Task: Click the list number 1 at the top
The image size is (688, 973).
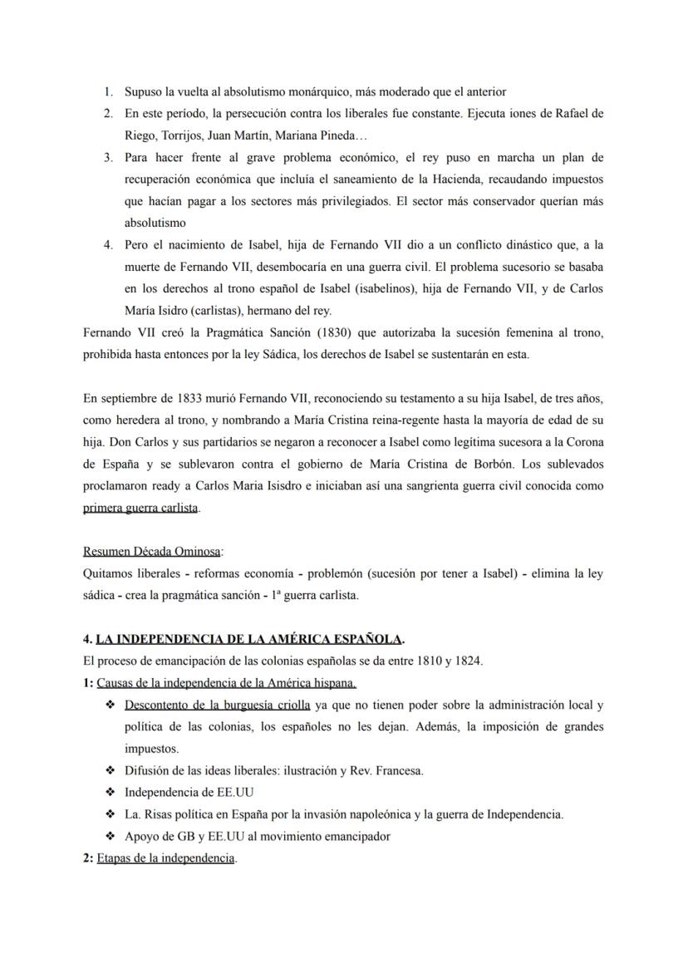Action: click(x=107, y=92)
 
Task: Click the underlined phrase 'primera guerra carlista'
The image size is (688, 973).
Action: click(x=140, y=507)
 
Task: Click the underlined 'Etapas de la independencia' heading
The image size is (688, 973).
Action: click(x=166, y=858)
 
